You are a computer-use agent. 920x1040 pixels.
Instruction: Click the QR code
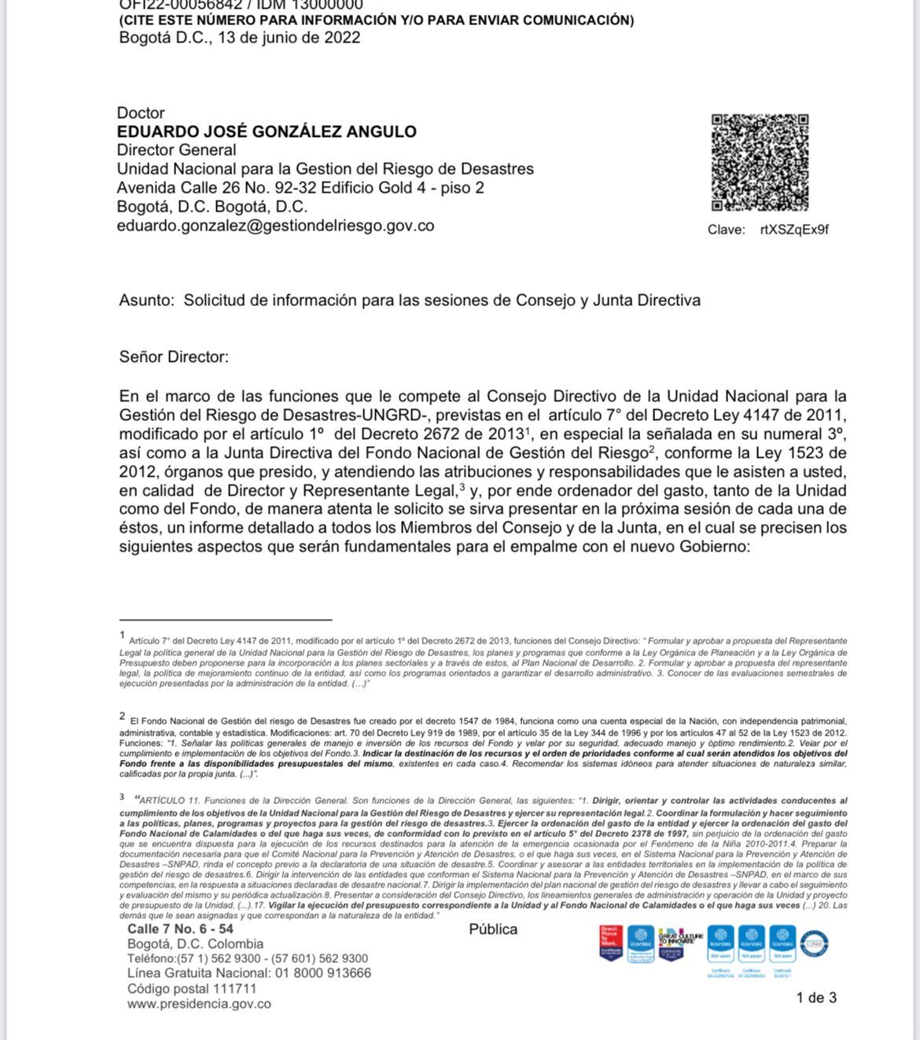[760, 162]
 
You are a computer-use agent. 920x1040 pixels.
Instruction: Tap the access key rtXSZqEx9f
[794, 230]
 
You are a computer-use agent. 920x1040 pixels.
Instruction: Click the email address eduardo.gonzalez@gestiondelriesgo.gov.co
[275, 226]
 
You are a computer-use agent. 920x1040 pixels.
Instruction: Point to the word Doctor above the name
[141, 112]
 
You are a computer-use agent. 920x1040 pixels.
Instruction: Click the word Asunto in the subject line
[145, 301]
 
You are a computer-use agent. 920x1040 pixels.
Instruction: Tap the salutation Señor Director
[174, 357]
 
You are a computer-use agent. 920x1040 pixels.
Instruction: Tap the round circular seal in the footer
[815, 942]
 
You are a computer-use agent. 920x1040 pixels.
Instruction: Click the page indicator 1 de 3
[816, 998]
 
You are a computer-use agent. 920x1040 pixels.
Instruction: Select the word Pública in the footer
[493, 929]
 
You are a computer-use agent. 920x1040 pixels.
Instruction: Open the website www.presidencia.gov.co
[199, 1004]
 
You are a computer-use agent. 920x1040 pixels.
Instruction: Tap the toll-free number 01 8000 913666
[322, 973]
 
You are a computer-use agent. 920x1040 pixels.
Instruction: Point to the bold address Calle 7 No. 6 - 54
[180, 929]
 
